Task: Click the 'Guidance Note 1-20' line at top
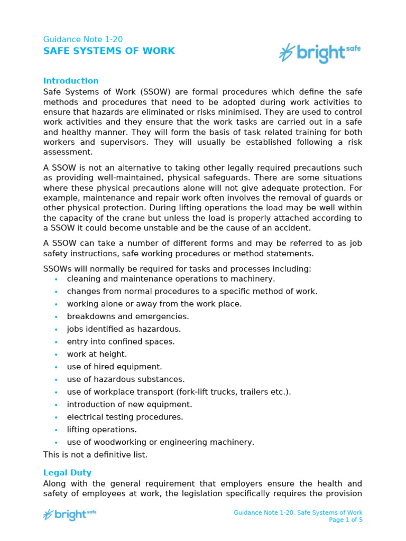(x=82, y=40)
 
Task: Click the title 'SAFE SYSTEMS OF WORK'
(x=108, y=51)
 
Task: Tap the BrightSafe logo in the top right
(x=320, y=53)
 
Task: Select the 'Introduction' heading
(x=71, y=81)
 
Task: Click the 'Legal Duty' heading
(x=67, y=473)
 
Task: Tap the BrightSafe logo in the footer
(x=69, y=514)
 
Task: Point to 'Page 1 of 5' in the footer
(x=346, y=520)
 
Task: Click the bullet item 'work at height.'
(x=97, y=354)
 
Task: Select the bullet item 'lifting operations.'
(x=101, y=430)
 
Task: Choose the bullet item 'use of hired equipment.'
(x=114, y=367)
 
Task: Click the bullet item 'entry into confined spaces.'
(x=121, y=341)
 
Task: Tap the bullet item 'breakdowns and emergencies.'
(x=127, y=316)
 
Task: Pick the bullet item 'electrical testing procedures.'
(x=125, y=417)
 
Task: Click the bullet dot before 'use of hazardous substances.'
(x=56, y=379)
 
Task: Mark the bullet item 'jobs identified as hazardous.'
(x=124, y=329)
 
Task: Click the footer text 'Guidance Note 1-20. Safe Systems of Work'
(x=298, y=512)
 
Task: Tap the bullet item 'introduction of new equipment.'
(x=130, y=404)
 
